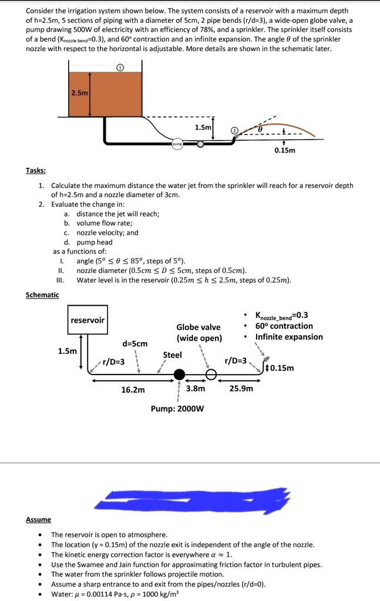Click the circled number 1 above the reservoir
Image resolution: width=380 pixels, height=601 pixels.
click(x=120, y=67)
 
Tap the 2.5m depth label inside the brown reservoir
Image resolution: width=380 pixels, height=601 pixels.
click(x=79, y=93)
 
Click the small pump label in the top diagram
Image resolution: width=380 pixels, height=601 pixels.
click(x=177, y=143)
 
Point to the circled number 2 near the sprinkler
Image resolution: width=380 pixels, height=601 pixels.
click(x=233, y=130)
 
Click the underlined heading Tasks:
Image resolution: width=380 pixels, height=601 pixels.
click(x=36, y=170)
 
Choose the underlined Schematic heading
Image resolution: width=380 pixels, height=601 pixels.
click(x=42, y=294)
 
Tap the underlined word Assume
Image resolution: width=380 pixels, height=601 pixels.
click(x=38, y=519)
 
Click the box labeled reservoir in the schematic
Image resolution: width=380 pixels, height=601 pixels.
click(x=88, y=320)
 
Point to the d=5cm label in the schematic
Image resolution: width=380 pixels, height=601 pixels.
click(x=135, y=343)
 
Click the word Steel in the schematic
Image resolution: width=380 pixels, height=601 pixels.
click(x=172, y=355)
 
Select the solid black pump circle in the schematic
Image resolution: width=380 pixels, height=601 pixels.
click(x=180, y=374)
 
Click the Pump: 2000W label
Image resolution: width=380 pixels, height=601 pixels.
click(x=177, y=409)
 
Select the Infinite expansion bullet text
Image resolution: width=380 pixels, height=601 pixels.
click(x=289, y=337)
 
